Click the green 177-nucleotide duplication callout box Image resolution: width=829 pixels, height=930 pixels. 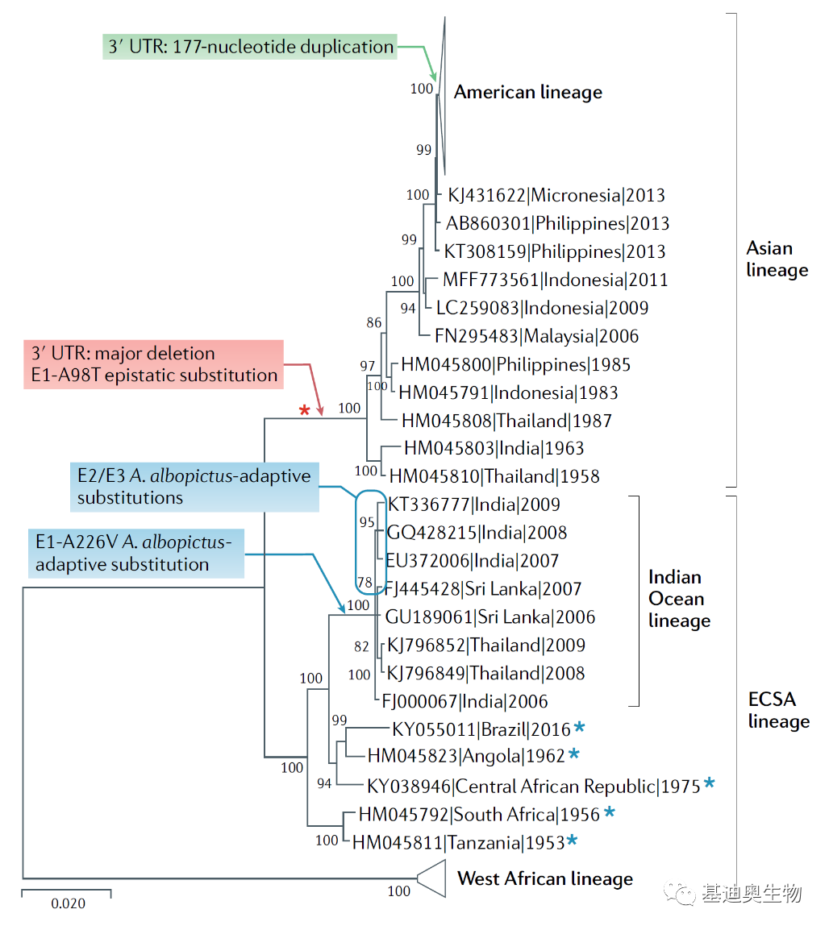pos(250,46)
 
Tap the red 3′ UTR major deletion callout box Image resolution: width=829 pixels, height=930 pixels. pos(154,364)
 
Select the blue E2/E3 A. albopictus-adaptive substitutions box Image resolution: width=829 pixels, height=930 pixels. pos(194,487)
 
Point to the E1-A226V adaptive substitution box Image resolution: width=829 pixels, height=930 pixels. pos(136,554)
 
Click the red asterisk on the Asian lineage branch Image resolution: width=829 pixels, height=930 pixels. pos(304,410)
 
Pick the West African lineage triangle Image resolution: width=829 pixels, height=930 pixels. pos(432,878)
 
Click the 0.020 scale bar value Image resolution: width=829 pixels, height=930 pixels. pos(69,903)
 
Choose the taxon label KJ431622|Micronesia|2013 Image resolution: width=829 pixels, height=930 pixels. pos(556,195)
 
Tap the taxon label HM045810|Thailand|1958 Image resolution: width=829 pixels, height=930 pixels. pos(494,476)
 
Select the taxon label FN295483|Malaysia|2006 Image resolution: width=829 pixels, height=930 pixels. pos(536,336)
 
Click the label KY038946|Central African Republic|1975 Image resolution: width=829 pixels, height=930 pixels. pos(534,787)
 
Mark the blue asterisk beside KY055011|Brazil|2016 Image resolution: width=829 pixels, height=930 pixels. pos(579,727)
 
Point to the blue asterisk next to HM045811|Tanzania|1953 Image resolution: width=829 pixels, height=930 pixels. pos(572,840)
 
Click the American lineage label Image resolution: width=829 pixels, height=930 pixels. pos(528,93)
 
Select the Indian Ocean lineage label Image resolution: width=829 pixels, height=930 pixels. pos(680,599)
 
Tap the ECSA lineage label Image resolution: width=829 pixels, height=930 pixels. pos(778,710)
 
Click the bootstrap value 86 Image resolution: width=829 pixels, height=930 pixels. pos(374,322)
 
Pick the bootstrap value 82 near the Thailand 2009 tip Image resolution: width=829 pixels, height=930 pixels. pos(361,646)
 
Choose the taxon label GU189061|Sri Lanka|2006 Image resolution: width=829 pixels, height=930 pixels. pos(490,617)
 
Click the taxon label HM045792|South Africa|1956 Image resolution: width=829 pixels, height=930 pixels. pos(480,815)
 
